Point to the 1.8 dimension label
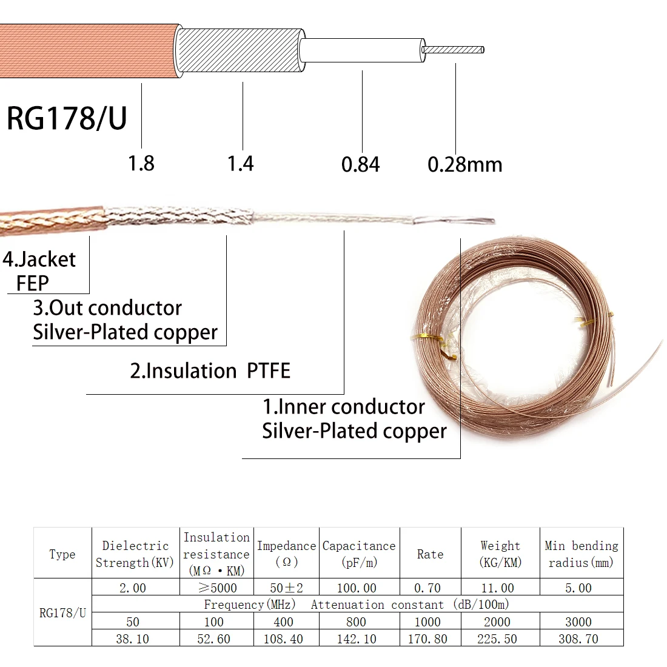point(141,164)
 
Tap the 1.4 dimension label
point(240,164)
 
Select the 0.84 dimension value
point(360,164)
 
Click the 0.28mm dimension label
point(465,164)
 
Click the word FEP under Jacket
point(32,283)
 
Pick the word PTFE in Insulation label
point(269,370)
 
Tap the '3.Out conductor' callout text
point(107,308)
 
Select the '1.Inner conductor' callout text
point(344,407)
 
